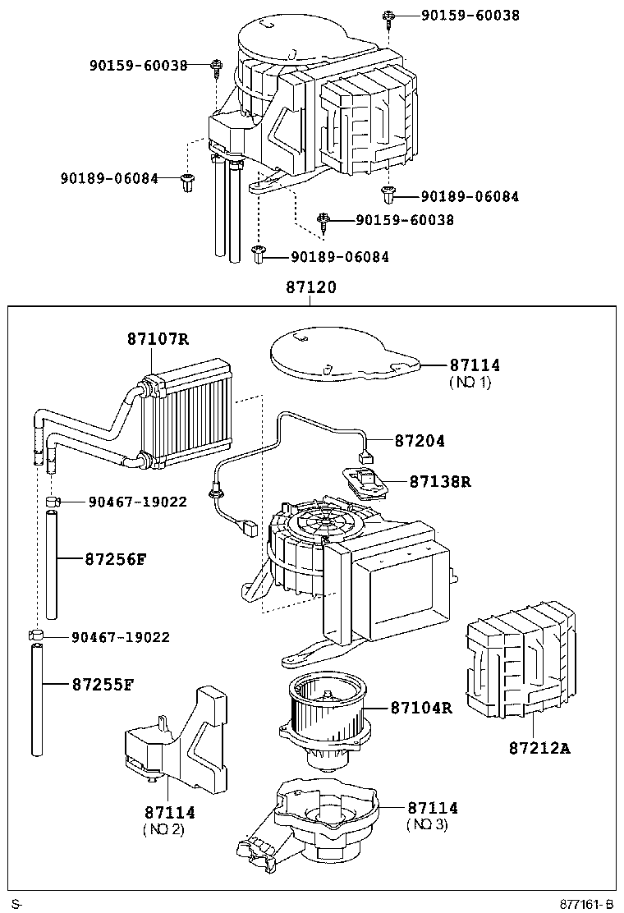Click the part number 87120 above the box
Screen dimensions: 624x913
point(311,287)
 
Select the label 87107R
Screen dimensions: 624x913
point(158,339)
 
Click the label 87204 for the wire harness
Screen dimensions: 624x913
point(420,442)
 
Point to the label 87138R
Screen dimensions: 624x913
point(440,482)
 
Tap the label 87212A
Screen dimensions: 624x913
point(539,748)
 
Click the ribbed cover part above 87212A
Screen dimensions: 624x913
point(521,660)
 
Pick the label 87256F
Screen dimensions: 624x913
point(116,560)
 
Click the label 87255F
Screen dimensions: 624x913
point(103,684)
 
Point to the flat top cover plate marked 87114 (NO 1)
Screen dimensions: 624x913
point(345,354)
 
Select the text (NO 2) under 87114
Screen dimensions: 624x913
point(163,829)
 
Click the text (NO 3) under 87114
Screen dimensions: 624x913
point(427,824)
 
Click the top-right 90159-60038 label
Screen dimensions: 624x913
point(470,16)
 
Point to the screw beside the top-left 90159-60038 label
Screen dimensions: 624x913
point(217,67)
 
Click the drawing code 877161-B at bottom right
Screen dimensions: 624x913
point(587,904)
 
